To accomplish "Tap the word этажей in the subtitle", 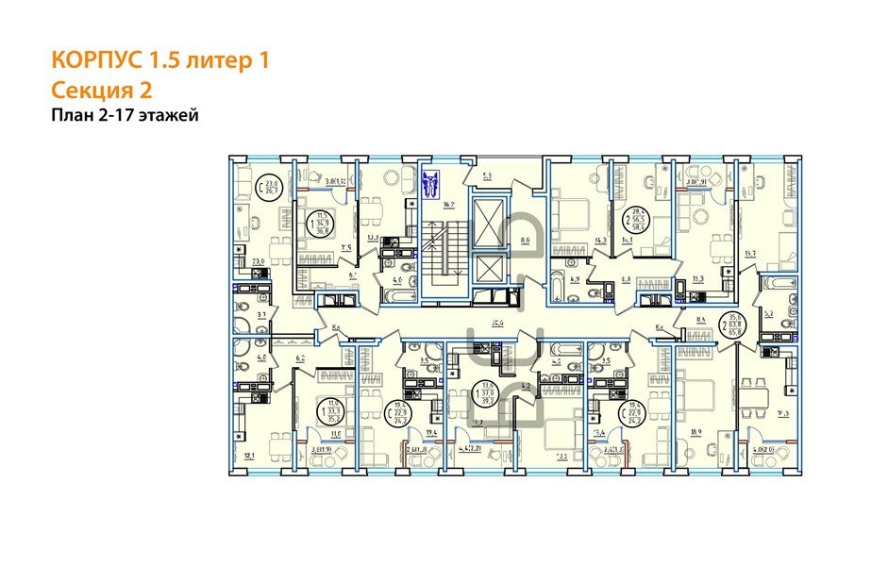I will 169,115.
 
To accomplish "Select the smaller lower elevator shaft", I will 491,270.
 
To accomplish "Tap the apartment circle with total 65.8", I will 727,325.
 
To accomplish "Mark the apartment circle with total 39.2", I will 488,391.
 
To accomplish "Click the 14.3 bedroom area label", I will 574,242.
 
